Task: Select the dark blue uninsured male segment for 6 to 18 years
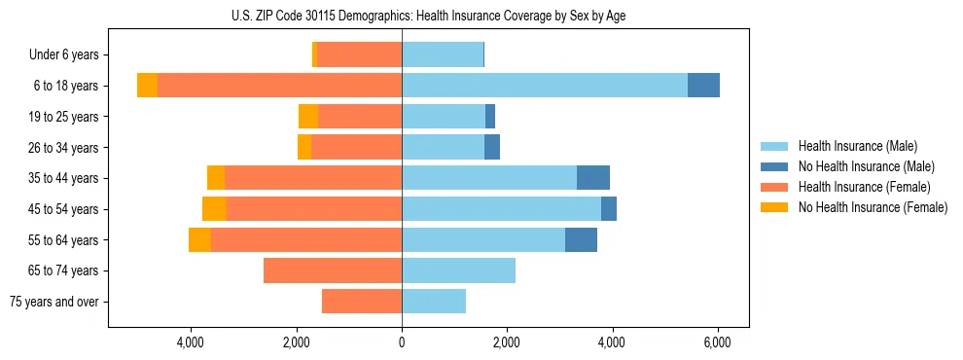[703, 86]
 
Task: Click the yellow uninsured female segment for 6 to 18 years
[147, 86]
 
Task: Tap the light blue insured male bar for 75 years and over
[434, 302]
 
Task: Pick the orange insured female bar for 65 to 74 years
[333, 270]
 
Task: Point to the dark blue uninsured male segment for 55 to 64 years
[581, 239]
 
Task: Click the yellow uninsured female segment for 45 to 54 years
[214, 209]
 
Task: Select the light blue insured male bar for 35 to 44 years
[489, 178]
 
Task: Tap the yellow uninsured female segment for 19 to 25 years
[308, 117]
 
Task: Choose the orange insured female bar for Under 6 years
[359, 55]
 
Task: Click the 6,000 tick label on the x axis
[717, 342]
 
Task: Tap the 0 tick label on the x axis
[402, 342]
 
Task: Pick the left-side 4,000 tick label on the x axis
[191, 342]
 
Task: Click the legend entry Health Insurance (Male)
[857, 146]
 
